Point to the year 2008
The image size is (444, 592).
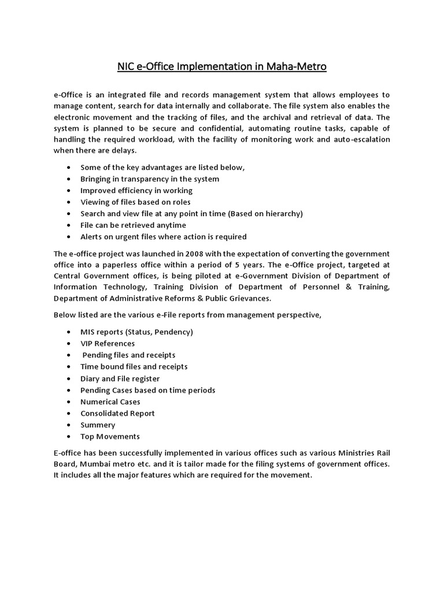[x=195, y=254]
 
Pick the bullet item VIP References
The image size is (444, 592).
[x=108, y=343]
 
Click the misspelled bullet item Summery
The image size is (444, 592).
[x=98, y=425]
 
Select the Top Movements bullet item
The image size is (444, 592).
[x=110, y=436]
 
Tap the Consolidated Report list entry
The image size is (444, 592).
[x=117, y=413]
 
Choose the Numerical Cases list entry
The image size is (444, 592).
[x=110, y=402]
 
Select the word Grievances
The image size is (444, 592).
[x=248, y=298]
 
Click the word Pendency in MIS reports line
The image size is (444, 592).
[x=173, y=332]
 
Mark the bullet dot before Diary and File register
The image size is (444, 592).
[x=69, y=379]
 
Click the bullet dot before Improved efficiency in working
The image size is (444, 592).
[x=69, y=190]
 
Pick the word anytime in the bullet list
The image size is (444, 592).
[x=166, y=225]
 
